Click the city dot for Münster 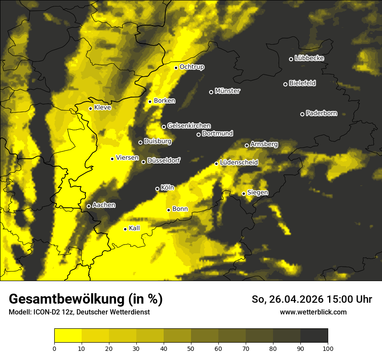tap(211, 92)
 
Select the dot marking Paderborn tap(303, 114)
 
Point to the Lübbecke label tap(309, 58)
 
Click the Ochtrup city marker tap(176, 68)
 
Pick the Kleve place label tap(102, 108)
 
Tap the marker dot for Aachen tap(89, 206)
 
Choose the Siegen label tap(257, 193)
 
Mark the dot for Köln tap(158, 189)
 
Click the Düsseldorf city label tap(163, 161)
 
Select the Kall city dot tap(125, 229)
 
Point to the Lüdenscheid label tap(239, 163)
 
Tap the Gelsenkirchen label tap(189, 126)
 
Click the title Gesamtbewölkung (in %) tap(86, 299)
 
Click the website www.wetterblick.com tap(313, 312)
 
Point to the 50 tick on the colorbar tap(191, 348)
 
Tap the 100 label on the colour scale tap(328, 348)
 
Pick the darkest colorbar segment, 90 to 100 tap(314, 335)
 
